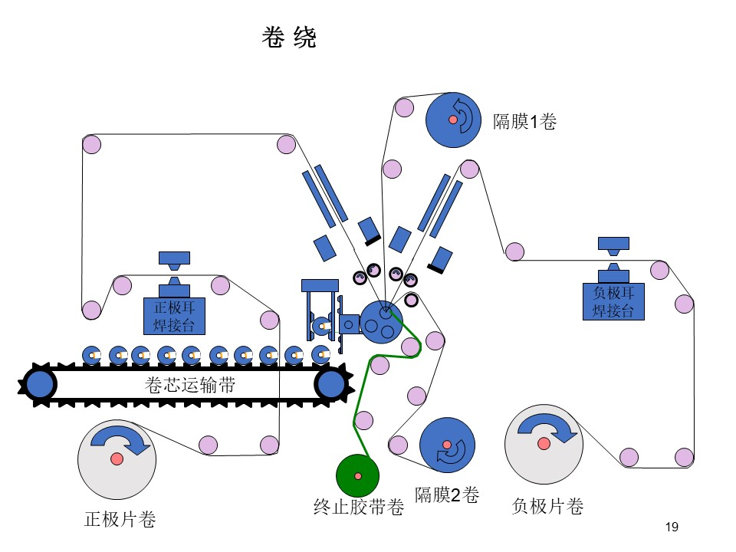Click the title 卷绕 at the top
click(x=289, y=37)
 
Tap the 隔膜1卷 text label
click(x=524, y=122)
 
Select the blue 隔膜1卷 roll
click(x=453, y=120)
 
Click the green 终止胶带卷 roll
click(x=358, y=475)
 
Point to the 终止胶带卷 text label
click(x=359, y=507)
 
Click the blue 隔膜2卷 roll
click(x=447, y=445)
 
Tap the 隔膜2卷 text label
click(x=447, y=495)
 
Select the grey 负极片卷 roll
click(x=544, y=444)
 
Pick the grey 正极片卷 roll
click(x=117, y=459)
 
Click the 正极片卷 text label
click(x=120, y=519)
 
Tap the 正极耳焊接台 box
click(x=174, y=316)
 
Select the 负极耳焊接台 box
click(x=613, y=301)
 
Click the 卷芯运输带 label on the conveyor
click(x=189, y=385)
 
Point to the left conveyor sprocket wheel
click(x=39, y=384)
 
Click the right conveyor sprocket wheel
click(x=332, y=384)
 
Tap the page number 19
click(x=672, y=527)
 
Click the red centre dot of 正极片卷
click(x=117, y=458)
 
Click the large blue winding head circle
click(x=381, y=322)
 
